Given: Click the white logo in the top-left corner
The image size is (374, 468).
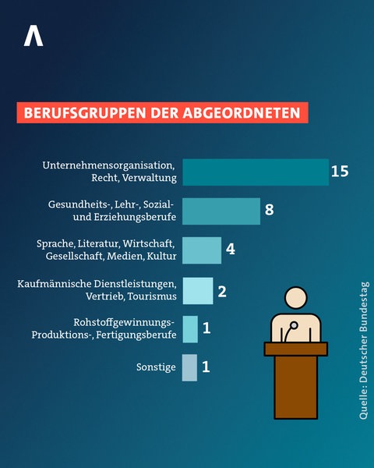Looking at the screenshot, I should point(33,35).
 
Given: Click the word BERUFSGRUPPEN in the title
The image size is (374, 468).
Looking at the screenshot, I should point(71,112).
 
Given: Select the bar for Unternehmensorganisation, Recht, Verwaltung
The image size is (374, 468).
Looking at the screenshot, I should point(255,172).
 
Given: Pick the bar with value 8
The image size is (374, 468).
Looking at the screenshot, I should point(221,211).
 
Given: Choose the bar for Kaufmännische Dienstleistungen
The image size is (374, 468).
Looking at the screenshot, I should point(197,290).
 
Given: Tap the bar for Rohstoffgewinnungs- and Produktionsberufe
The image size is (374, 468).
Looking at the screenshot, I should point(190,329).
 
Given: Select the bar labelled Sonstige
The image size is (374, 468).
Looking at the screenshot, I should point(190,367).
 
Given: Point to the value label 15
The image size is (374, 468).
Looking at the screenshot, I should point(339,172).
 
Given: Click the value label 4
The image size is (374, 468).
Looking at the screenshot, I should point(231,250).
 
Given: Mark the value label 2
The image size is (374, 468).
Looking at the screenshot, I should point(221,291).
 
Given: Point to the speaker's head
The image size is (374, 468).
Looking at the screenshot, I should point(295,300).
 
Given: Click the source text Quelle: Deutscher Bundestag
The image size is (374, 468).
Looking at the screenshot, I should point(364,351).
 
